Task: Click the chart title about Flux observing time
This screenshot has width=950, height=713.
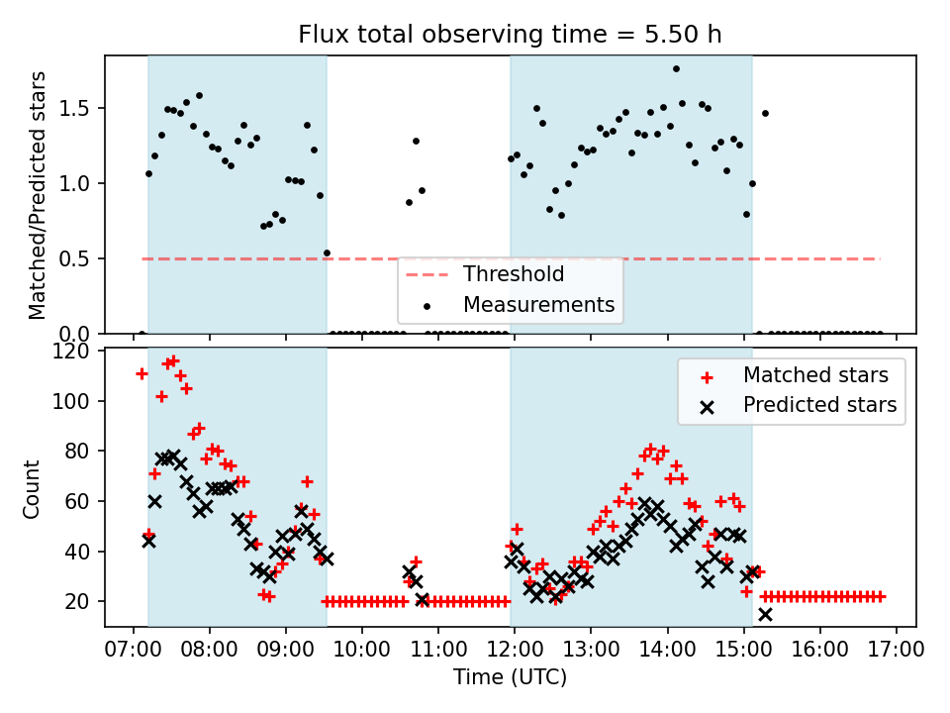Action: tap(510, 34)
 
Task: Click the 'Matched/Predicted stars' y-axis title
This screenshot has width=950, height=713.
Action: tap(38, 195)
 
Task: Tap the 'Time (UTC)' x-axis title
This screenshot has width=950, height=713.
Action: tap(510, 677)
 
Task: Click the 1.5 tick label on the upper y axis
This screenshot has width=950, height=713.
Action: tap(79, 108)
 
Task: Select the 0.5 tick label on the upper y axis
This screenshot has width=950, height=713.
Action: tap(79, 258)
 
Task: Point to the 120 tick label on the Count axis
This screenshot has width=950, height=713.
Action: tap(75, 352)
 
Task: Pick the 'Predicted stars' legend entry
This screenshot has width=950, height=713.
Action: tap(819, 404)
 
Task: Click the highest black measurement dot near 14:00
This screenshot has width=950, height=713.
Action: tap(676, 69)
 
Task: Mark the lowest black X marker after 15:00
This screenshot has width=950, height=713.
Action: tap(765, 614)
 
